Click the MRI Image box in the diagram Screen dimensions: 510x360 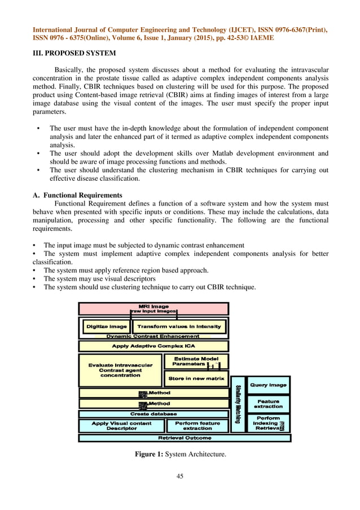pos(153,308)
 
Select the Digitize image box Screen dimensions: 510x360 pos(106,326)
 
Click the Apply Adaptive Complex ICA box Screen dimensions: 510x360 pos(153,346)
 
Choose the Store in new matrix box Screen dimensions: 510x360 pos(196,378)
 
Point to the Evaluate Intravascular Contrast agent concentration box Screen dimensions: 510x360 pos(120,370)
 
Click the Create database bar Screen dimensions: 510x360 pos(153,413)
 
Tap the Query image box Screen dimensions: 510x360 pos(268,385)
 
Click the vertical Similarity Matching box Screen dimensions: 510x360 pos(238,404)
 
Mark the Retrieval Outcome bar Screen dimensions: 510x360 pos(184,438)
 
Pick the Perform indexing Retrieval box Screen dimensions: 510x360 pos(268,424)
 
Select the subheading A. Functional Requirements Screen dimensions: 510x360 pos(77,195)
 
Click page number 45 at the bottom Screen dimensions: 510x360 pos(180,477)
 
